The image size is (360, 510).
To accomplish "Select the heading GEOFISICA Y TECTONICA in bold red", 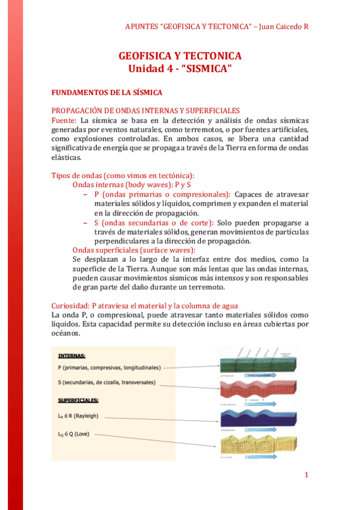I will [x=180, y=56].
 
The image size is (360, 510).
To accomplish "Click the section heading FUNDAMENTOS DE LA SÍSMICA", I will [x=107, y=93].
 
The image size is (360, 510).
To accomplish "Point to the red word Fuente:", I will [x=64, y=120].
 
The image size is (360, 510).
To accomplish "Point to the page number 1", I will [x=306, y=475].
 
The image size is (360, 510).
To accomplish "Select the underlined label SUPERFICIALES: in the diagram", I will [x=79, y=400].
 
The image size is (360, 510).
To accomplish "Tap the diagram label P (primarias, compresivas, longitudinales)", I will [x=109, y=366].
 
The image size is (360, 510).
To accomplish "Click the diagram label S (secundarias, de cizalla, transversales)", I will [x=107, y=382].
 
